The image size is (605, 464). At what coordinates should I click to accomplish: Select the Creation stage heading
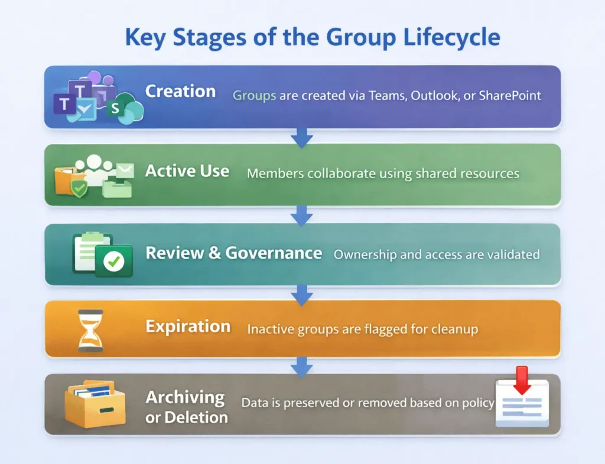[180, 92]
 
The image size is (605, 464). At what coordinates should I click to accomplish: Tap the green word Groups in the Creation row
[254, 95]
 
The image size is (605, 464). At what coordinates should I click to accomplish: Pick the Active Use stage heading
[187, 171]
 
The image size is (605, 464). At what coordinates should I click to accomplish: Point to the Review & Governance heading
[233, 253]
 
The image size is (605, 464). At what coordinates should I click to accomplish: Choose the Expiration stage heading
[188, 327]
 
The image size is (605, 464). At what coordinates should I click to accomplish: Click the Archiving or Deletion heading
[186, 407]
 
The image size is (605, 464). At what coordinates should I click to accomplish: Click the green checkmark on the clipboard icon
[113, 261]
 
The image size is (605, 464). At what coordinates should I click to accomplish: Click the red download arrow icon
[522, 379]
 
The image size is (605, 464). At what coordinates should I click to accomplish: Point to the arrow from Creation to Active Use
[302, 137]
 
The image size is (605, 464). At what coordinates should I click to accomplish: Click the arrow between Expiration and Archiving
[302, 366]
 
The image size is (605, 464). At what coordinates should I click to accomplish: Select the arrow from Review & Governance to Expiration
[302, 294]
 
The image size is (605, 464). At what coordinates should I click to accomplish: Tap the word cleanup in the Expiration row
[454, 329]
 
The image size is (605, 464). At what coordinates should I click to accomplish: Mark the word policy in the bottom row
[479, 403]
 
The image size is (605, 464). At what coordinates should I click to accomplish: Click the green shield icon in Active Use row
[79, 188]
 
